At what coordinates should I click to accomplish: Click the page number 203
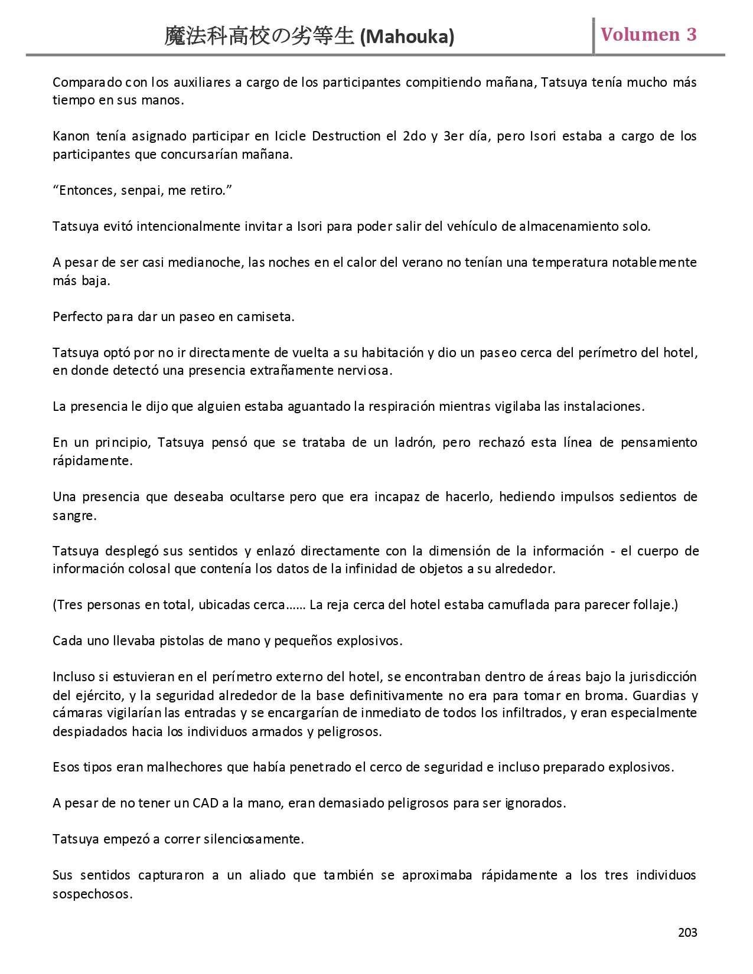point(687,933)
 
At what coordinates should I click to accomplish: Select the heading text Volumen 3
point(648,35)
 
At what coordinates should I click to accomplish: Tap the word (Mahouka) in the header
point(407,37)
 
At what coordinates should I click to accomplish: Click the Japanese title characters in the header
point(260,37)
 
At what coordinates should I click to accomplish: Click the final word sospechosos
point(91,894)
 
